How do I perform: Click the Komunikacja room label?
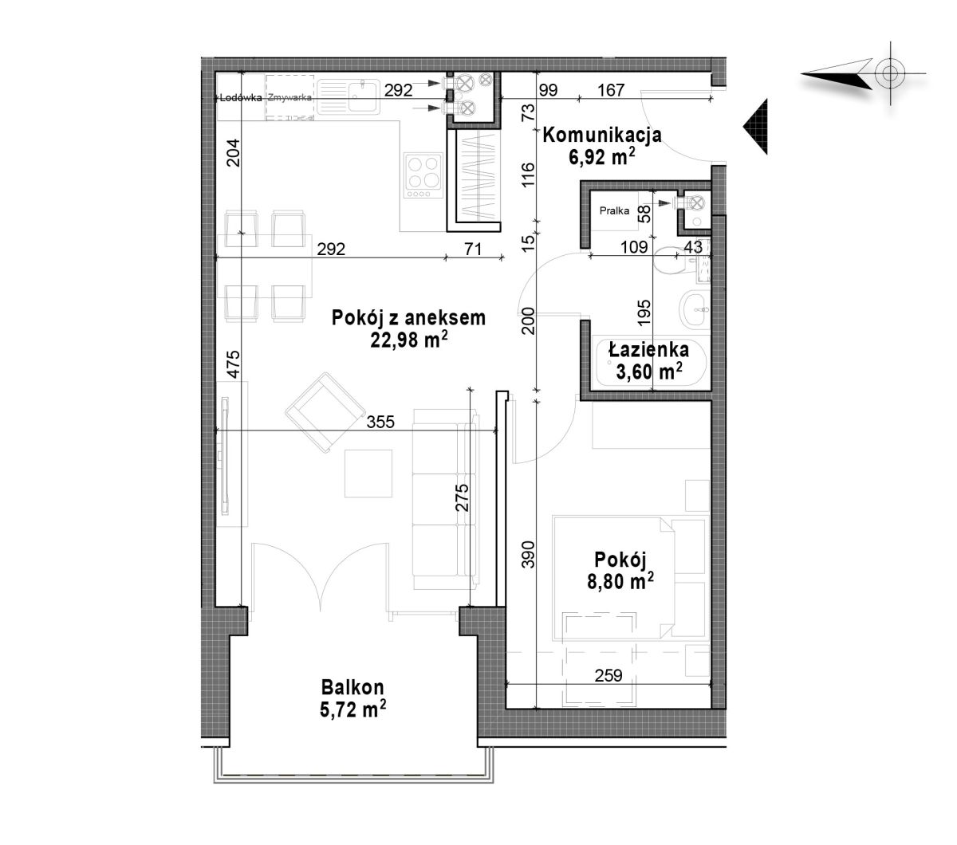601,135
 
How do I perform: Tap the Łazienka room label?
648,350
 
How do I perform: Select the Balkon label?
352,688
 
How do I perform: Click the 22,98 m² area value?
408,339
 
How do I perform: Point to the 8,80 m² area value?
620,581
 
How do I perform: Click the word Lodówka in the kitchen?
241,98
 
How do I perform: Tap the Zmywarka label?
289,97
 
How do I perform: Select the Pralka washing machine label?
614,210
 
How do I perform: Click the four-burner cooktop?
423,175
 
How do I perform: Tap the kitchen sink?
349,96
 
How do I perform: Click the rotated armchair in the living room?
325,412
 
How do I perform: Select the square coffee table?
368,474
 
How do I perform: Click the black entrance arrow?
754,127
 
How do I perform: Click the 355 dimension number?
380,422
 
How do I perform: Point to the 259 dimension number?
608,675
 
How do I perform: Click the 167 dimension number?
611,90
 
